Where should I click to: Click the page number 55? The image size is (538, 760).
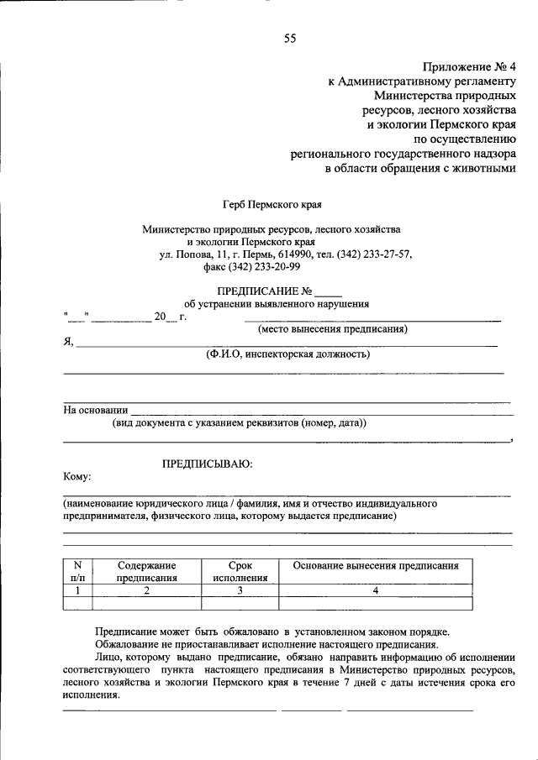click(x=290, y=38)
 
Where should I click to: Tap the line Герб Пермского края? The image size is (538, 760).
click(x=272, y=203)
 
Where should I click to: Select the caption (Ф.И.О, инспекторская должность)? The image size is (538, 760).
click(x=287, y=354)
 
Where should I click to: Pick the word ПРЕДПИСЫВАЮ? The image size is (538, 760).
click(x=207, y=463)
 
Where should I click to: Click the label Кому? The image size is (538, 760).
click(x=76, y=477)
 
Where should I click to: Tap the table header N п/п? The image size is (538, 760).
click(x=77, y=572)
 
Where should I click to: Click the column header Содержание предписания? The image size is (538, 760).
click(x=146, y=572)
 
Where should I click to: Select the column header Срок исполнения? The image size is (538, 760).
click(x=240, y=572)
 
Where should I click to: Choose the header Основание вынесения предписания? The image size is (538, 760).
click(x=375, y=566)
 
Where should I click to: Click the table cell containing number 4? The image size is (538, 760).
click(x=375, y=590)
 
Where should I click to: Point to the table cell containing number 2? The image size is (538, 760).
click(x=146, y=590)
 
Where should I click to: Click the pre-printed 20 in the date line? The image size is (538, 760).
click(x=160, y=317)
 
